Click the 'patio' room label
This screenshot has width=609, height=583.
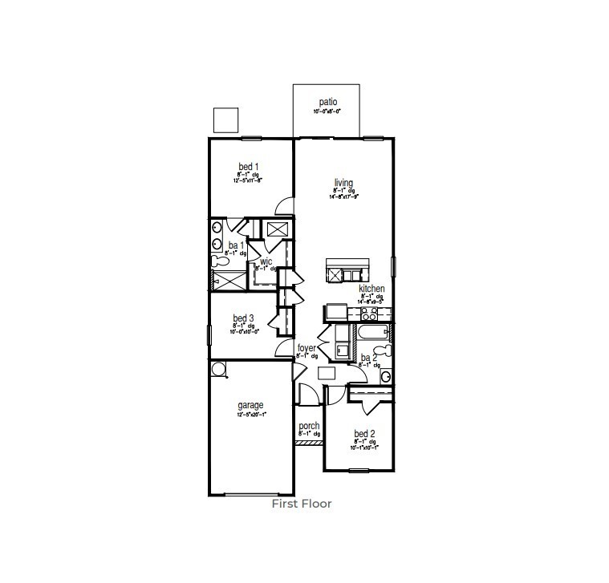pos(327,102)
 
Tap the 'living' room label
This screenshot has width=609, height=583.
pos(343,183)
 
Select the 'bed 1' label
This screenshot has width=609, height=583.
pos(248,167)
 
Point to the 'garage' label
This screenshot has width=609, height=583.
pos(250,406)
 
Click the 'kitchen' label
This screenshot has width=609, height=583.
pos(371,289)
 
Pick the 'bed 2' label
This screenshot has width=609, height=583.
pos(365,433)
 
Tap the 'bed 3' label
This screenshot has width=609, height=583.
pos(244,318)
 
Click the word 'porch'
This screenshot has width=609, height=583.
pos(309,426)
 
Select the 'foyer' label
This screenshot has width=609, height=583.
pos(307,348)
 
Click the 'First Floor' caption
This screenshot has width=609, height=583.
pos(301,504)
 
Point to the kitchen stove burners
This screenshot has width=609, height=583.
pos(369,313)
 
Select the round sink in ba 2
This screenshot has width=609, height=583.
pos(386,376)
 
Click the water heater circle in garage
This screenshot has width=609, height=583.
pos(218,368)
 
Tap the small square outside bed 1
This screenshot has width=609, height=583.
pos(226,119)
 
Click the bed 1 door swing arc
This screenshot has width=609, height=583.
pos(284,208)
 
